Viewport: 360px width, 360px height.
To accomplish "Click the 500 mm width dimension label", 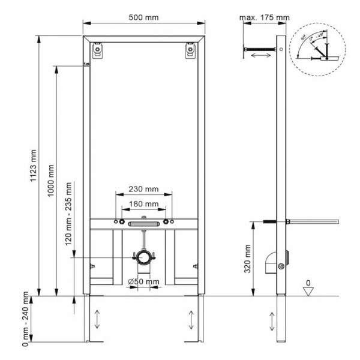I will [x=144, y=17].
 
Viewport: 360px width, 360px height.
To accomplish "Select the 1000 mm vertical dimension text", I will [x=53, y=180].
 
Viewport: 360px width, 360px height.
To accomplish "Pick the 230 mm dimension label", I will [x=144, y=189].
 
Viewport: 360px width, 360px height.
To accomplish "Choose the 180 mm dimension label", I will [x=144, y=205].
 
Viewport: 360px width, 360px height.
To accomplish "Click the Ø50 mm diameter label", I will [x=144, y=281].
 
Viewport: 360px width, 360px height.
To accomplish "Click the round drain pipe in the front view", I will [x=143, y=257].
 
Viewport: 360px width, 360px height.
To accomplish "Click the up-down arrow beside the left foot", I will [x=98, y=318].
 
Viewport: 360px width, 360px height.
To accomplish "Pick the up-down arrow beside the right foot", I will [x=191, y=318].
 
